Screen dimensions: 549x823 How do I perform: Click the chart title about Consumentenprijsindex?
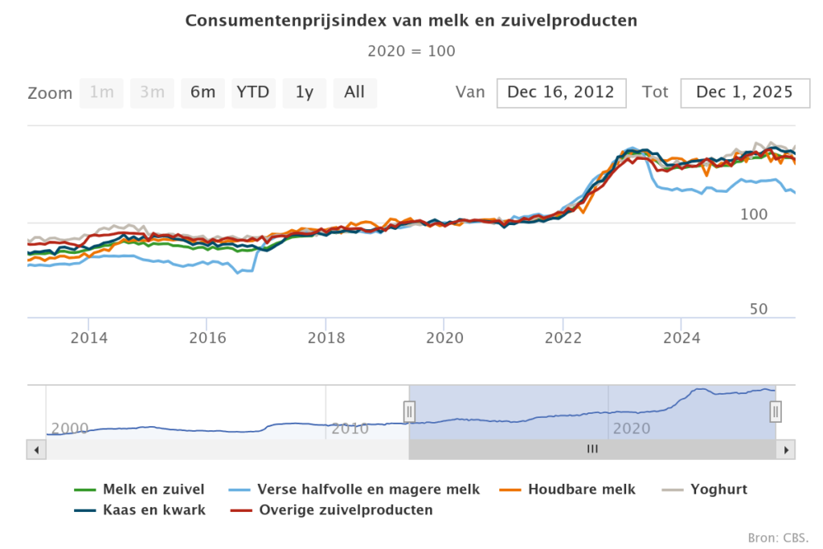coord(411,21)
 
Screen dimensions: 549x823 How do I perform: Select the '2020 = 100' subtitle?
coord(411,51)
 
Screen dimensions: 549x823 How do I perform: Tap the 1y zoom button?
coord(304,92)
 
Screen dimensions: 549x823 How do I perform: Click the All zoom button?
coord(354,92)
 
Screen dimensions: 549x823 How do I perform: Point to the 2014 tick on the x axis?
coord(88,337)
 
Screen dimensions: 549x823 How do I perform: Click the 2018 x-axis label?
coord(325,337)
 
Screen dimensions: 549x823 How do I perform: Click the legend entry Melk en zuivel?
coord(153,489)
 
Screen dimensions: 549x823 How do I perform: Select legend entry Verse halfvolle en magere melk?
coord(367,489)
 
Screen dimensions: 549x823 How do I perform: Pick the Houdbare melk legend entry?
coord(580,489)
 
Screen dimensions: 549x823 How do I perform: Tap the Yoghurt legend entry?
coord(718,489)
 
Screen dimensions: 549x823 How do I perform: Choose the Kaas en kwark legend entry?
coord(154,510)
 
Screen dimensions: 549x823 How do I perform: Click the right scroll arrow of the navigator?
coord(787,449)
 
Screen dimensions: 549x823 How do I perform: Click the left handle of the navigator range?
coord(409,412)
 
